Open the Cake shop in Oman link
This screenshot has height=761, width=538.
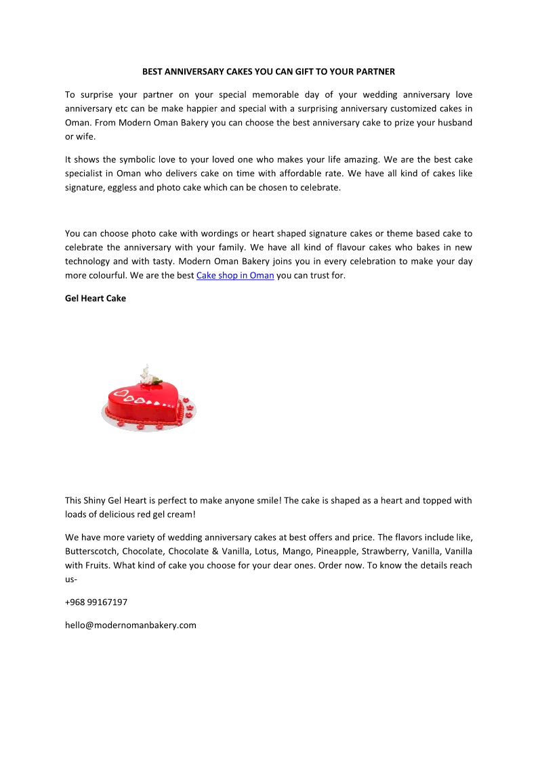click(x=235, y=276)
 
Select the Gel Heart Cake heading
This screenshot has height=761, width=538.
click(x=96, y=298)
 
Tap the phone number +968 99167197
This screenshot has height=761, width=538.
click(x=96, y=602)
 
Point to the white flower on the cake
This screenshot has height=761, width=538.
click(x=147, y=375)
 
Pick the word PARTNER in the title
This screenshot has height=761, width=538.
click(x=373, y=71)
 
